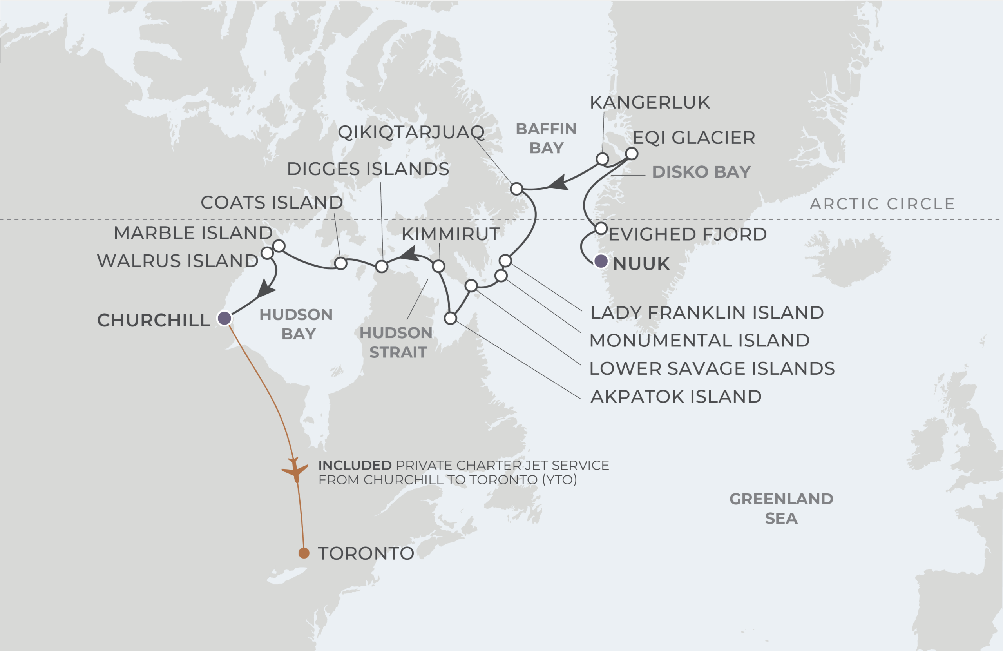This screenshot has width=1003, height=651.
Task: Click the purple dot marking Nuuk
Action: pyautogui.click(x=601, y=261)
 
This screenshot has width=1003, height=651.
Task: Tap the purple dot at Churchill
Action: pyautogui.click(x=224, y=318)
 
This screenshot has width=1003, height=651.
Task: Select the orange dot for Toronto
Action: pyautogui.click(x=303, y=553)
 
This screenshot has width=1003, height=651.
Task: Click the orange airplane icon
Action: pyautogui.click(x=295, y=470)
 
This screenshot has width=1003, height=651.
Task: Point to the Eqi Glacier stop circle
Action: pyautogui.click(x=631, y=154)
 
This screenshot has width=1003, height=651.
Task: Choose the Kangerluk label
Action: pyautogui.click(x=650, y=102)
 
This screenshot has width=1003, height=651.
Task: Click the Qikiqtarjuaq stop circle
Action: pyautogui.click(x=516, y=189)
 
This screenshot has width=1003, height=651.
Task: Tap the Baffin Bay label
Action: pyautogui.click(x=546, y=138)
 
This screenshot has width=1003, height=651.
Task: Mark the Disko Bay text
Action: pyautogui.click(x=701, y=172)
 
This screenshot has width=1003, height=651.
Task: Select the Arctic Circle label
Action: pyautogui.click(x=882, y=204)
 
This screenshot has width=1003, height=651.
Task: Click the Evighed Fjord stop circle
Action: pyautogui.click(x=601, y=228)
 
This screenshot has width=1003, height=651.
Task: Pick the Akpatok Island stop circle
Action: pyautogui.click(x=451, y=318)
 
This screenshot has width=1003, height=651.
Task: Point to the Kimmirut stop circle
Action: pyautogui.click(x=438, y=266)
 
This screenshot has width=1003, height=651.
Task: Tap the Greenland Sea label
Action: pyautogui.click(x=781, y=508)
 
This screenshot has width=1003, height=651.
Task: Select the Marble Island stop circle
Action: pyautogui.click(x=279, y=245)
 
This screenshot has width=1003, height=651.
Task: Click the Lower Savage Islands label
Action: pyautogui.click(x=712, y=368)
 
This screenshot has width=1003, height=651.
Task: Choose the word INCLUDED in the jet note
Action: pyautogui.click(x=355, y=466)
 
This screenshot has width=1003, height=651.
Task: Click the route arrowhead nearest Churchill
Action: pyautogui.click(x=266, y=290)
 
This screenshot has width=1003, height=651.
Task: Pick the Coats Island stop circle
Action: pyautogui.click(x=340, y=263)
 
